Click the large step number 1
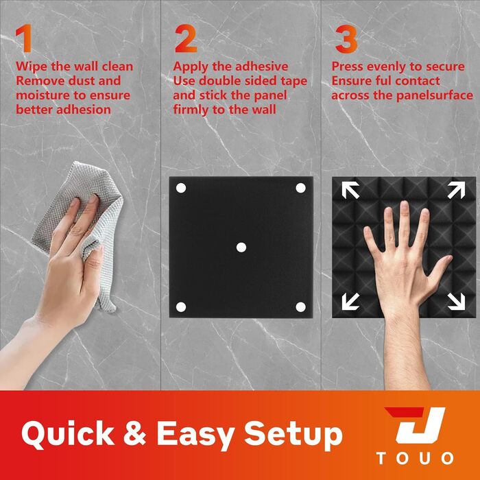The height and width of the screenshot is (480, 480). (25, 38)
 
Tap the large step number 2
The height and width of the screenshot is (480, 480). (186, 38)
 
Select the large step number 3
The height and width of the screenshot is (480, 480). (346, 39)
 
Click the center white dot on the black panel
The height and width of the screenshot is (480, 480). (241, 248)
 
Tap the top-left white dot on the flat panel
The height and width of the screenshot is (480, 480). (181, 188)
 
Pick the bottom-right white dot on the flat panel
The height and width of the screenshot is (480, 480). (300, 307)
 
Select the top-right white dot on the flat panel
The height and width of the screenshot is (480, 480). (300, 188)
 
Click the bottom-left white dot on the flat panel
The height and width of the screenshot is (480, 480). (181, 307)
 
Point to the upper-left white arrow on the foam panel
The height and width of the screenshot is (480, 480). (350, 190)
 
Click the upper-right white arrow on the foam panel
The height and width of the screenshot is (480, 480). (456, 190)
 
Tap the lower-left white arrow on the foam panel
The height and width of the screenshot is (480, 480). (350, 301)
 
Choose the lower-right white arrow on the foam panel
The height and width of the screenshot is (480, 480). (456, 301)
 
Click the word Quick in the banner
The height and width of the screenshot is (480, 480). (68, 433)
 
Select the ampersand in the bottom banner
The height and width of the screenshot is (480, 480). (134, 433)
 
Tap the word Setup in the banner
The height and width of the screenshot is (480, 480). (293, 435)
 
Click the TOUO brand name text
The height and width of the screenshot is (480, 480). (415, 458)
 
